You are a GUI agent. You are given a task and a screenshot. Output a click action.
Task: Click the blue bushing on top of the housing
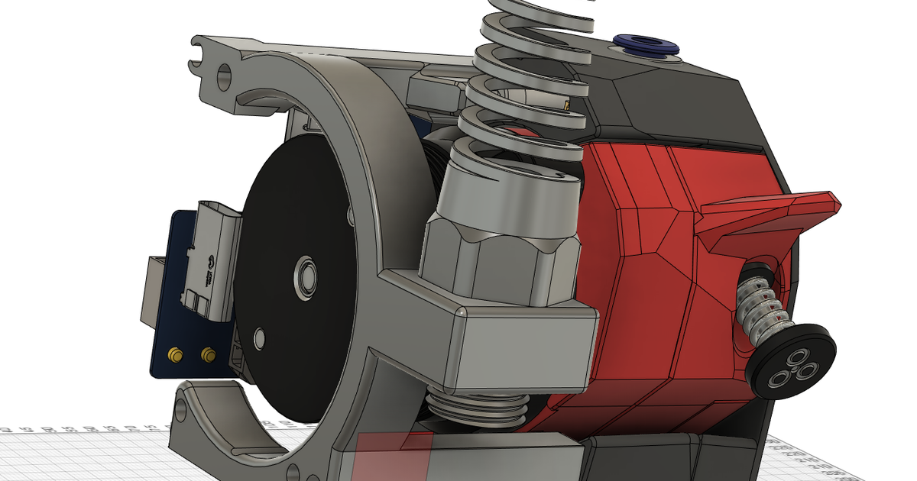[x=647, y=46]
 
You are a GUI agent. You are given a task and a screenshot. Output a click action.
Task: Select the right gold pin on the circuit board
[x=207, y=355]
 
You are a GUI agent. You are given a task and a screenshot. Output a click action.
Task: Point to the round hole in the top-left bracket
[x=224, y=74]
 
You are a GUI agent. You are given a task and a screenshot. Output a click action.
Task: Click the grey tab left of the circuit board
[x=150, y=291]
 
